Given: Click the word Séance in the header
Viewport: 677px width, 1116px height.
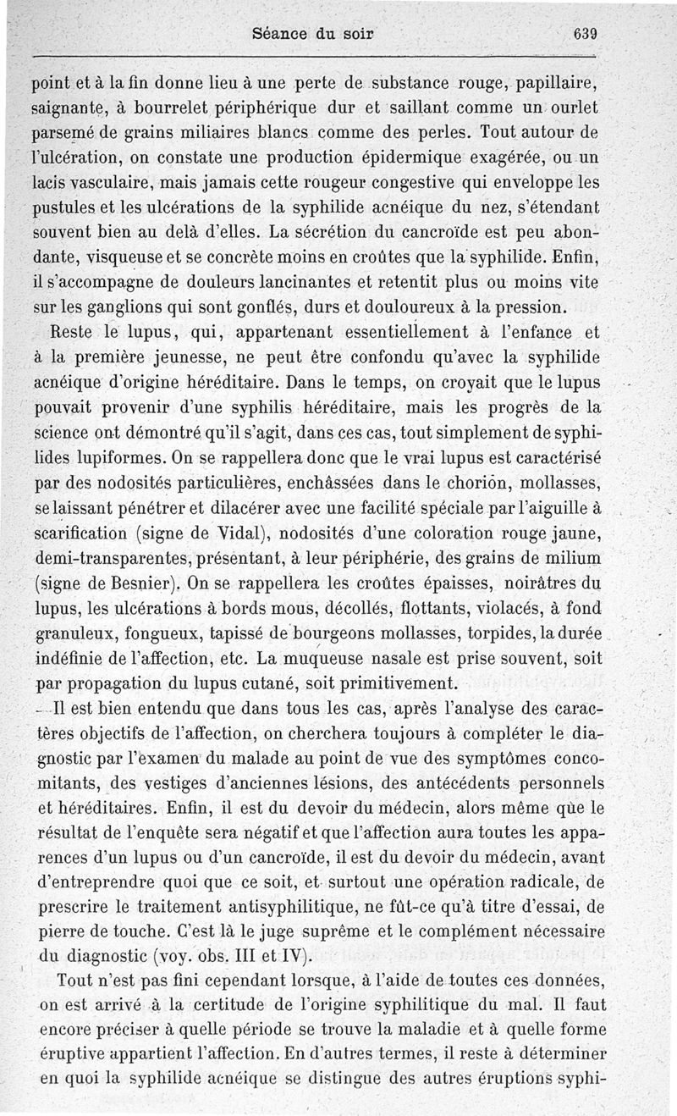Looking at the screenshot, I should tap(279, 36).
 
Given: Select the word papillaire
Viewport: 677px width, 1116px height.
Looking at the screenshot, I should tap(559, 86).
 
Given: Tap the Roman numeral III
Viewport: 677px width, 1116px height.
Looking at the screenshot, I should tap(243, 957).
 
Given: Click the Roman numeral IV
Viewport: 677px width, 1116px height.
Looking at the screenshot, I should tap(291, 957).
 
